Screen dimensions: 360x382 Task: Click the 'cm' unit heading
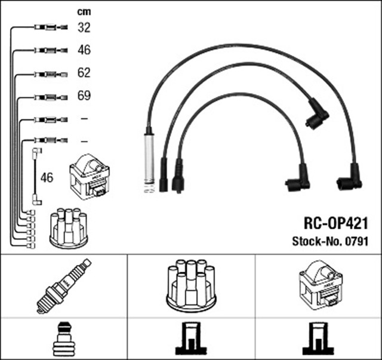tap(84, 11)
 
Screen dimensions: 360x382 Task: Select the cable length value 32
tap(84, 27)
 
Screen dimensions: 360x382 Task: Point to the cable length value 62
tap(84, 73)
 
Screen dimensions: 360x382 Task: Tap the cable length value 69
tap(84, 96)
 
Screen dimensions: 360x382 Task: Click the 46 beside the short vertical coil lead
tap(47, 177)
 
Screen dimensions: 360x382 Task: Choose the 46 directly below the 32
tap(84, 50)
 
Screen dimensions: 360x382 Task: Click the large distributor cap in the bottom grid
tap(191, 285)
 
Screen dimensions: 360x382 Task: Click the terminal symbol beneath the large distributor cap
tap(190, 339)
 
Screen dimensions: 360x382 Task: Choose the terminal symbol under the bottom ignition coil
tap(318, 339)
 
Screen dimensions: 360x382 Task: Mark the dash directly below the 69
tap(84, 119)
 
